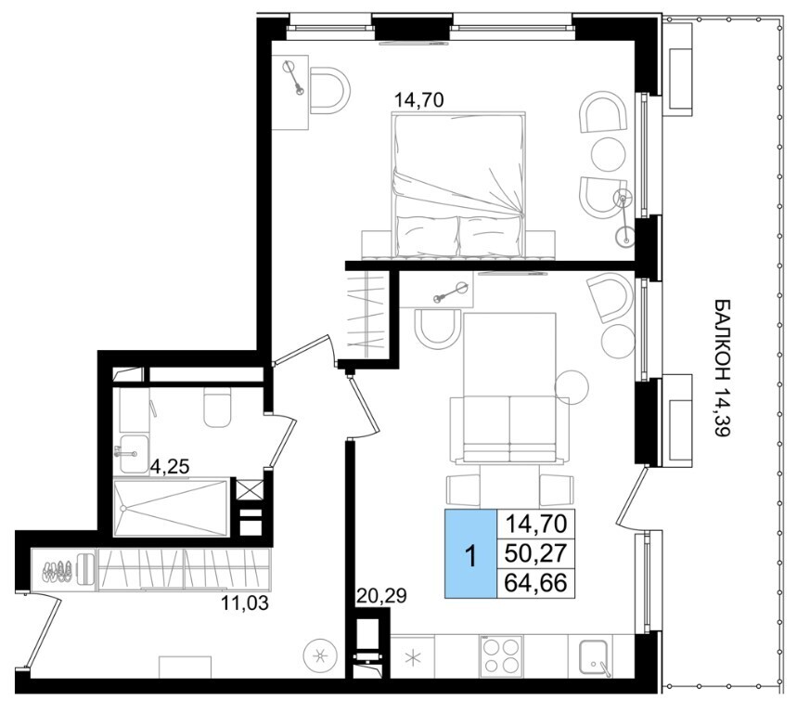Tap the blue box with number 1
470,553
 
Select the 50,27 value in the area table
535,553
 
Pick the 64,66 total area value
535,583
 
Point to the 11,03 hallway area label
244,603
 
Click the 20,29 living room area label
381,595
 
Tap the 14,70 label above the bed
419,100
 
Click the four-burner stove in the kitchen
502,655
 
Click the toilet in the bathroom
217,408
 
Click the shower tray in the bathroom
171,507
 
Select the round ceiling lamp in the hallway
320,656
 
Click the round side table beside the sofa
572,387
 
